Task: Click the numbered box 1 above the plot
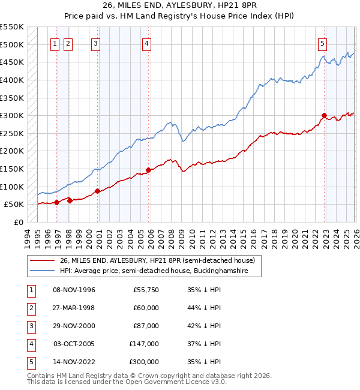(x=55, y=43)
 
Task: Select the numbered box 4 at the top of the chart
(x=146, y=43)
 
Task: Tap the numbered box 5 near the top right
(x=323, y=43)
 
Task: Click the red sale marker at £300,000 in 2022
(x=324, y=115)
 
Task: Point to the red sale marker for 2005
(x=148, y=170)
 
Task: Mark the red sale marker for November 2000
(x=97, y=191)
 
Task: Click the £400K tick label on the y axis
(x=12, y=80)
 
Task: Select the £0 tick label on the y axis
(x=18, y=222)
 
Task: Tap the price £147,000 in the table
(x=144, y=344)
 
